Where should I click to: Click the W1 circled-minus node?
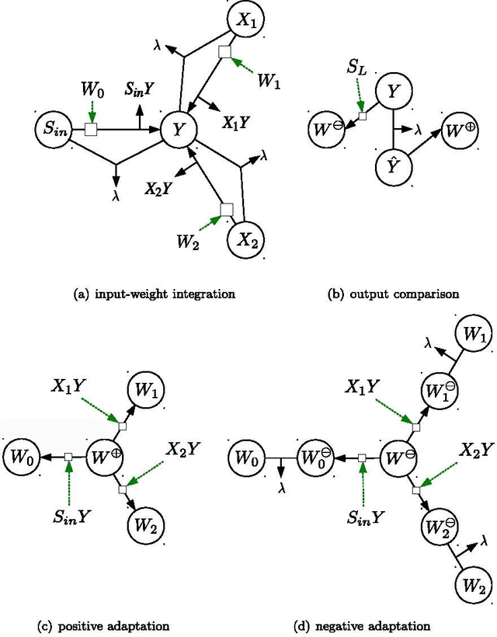coord(437,386)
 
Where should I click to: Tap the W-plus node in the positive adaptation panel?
coord(106,456)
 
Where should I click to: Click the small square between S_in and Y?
coord(91,131)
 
